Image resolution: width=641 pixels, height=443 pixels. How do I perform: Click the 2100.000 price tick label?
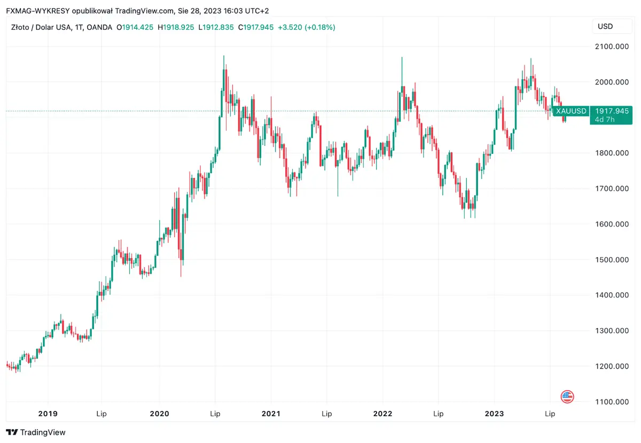[x=612, y=47]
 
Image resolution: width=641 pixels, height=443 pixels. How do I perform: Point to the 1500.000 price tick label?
[x=612, y=260]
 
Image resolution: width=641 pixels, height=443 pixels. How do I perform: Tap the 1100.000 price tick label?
[x=612, y=402]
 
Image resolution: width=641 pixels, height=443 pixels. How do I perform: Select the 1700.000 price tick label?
[x=612, y=189]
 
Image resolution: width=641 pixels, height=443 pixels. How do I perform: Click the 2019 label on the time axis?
[x=48, y=414]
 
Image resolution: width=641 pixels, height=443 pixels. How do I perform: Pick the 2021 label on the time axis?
[x=271, y=414]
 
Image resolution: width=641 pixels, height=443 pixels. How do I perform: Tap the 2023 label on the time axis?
[x=494, y=414]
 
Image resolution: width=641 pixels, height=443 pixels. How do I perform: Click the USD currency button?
[x=605, y=26]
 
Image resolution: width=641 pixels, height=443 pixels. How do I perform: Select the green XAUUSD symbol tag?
[x=571, y=111]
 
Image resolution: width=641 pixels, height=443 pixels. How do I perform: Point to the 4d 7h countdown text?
[x=605, y=120]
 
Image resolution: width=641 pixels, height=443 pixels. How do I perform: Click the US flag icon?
[x=567, y=396]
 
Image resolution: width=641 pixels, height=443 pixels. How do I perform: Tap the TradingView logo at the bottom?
[x=36, y=432]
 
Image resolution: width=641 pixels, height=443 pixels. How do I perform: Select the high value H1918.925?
[x=176, y=27]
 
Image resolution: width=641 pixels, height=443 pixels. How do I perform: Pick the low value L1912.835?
[x=216, y=27]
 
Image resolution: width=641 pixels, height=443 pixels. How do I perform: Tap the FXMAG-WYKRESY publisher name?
[x=37, y=11]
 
